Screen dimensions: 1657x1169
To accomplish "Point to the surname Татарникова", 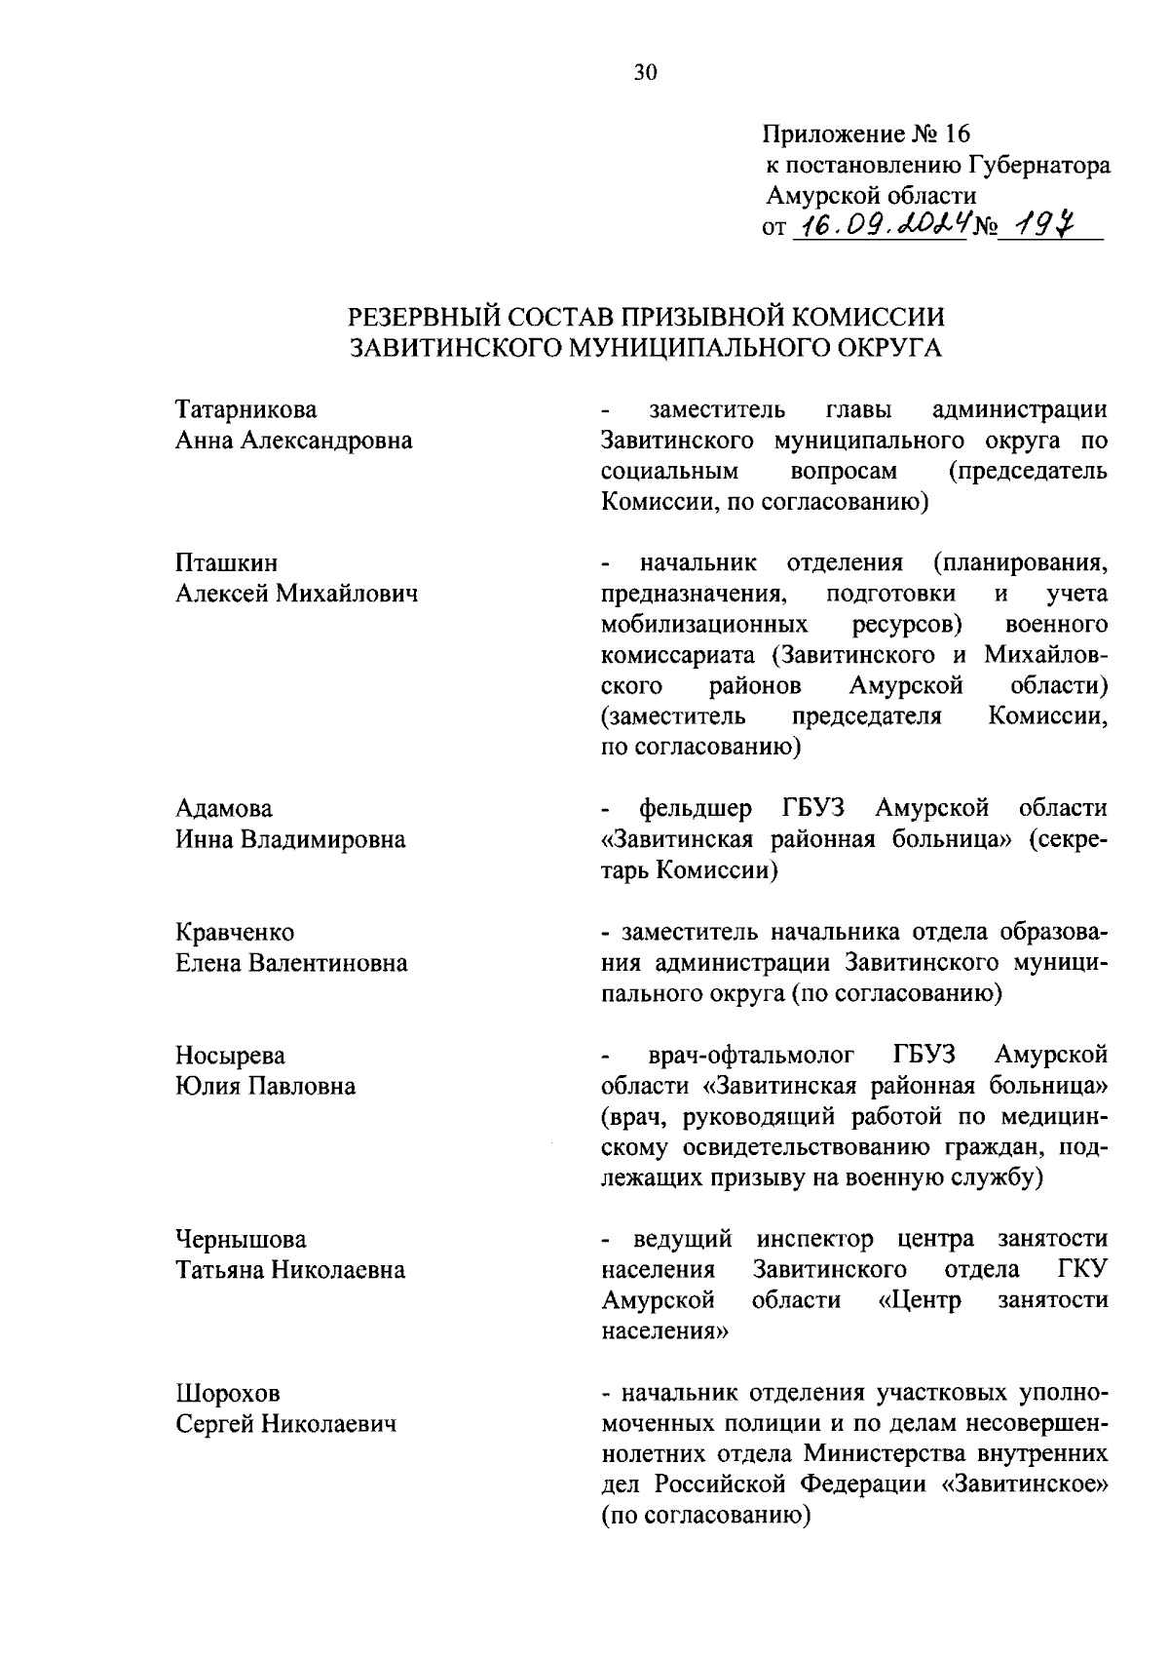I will coord(245,409).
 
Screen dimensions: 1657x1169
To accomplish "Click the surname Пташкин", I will coord(226,562).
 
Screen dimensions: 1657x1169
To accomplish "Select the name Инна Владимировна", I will coord(290,839).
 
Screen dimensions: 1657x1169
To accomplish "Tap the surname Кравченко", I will coord(235,932).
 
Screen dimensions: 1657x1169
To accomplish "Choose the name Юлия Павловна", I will coord(265,1086).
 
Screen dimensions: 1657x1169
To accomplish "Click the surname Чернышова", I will coord(241,1239).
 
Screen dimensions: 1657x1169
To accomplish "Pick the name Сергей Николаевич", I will coord(286,1424).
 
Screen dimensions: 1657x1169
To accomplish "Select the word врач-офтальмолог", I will coord(751,1055).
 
